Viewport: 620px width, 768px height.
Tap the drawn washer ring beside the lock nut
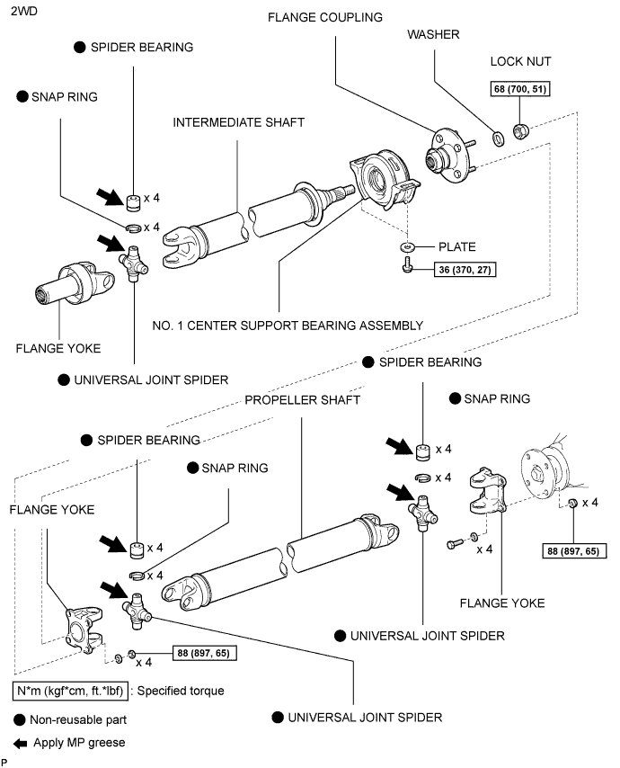[x=497, y=138]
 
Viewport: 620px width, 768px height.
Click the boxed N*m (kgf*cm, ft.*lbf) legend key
[x=67, y=692]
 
